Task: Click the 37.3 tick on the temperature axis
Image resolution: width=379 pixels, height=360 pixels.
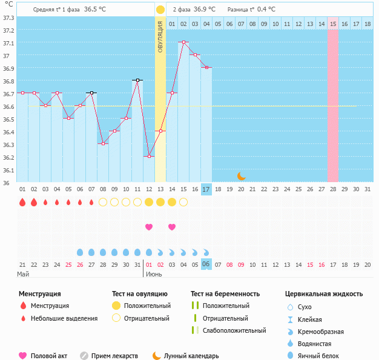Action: (8, 18)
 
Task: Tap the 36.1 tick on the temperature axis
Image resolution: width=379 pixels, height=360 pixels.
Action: (8, 170)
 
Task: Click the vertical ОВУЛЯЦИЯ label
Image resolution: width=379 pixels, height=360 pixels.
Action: (160, 36)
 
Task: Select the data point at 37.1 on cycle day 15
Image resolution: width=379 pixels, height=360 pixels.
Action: (183, 42)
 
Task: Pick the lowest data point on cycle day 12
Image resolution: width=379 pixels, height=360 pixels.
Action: (149, 156)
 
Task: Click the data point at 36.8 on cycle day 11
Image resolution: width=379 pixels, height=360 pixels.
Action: (137, 80)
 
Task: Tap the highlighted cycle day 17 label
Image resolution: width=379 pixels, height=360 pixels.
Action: (206, 189)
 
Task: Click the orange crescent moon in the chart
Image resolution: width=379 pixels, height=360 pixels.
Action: (241, 175)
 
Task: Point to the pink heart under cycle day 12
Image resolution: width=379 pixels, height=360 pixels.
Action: (149, 227)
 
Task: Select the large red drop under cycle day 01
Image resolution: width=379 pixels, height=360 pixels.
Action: (22, 202)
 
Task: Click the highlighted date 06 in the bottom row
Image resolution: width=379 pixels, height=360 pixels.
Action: (206, 264)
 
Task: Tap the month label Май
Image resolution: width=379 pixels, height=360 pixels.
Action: (23, 274)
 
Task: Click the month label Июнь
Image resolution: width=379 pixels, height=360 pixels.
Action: (154, 274)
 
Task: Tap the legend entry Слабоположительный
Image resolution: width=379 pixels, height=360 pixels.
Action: (234, 330)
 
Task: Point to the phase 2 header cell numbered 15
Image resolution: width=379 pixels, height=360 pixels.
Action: (333, 24)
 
